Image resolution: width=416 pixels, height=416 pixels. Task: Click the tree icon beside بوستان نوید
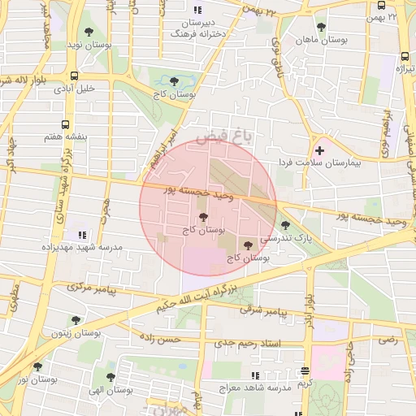89,32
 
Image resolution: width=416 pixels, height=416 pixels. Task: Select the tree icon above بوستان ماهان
321,27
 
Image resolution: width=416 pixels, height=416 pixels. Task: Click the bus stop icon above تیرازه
405,57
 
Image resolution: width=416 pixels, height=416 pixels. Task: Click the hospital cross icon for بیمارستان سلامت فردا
319,149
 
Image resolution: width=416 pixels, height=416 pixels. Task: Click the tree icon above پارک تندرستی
284,225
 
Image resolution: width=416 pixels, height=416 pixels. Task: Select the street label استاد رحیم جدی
248,344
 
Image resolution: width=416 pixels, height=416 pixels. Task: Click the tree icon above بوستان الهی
110,377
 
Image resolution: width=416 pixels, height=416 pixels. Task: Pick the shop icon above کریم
305,370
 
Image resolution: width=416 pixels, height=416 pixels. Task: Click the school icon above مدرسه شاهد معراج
255,375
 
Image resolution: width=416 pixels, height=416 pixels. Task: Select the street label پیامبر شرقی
264,311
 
